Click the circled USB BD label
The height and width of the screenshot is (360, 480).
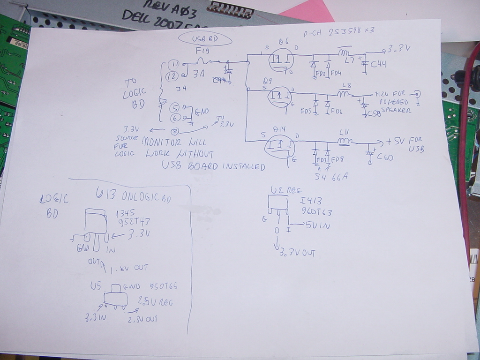(x=205, y=39)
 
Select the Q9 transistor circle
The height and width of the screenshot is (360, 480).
(x=279, y=97)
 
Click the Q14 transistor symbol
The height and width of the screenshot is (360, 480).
(x=280, y=146)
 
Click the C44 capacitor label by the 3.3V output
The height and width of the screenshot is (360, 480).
(x=378, y=64)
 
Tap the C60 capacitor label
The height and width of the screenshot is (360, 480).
(x=385, y=157)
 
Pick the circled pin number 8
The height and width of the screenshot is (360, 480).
(x=175, y=132)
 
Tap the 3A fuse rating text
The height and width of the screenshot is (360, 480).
(x=199, y=74)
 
